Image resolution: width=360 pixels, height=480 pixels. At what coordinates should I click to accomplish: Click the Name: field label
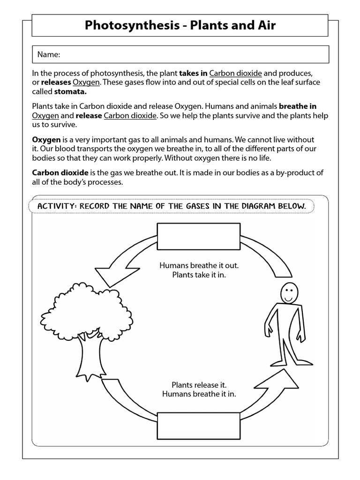pyautogui.click(x=49, y=55)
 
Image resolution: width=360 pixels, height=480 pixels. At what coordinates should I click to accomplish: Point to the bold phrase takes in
pyautogui.click(x=193, y=73)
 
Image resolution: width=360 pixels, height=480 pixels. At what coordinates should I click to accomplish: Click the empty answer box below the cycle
pyautogui.click(x=199, y=425)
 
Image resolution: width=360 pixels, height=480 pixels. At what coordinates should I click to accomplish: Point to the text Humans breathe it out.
pyautogui.click(x=199, y=265)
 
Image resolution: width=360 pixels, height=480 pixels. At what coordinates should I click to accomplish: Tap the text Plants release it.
pyautogui.click(x=199, y=385)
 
